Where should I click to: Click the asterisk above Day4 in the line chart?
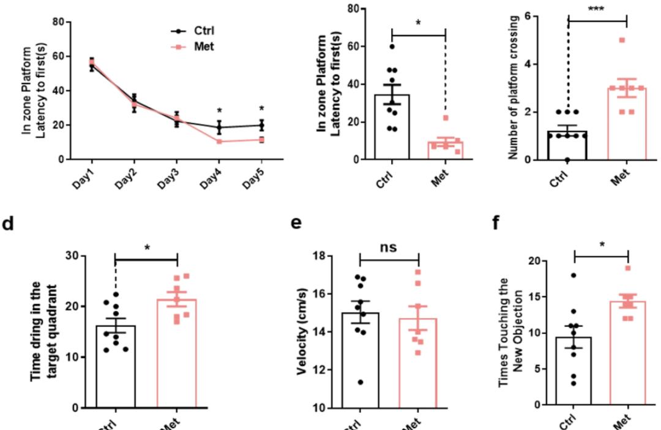(219, 111)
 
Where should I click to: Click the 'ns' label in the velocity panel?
(389, 247)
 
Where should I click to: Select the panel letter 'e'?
(295, 222)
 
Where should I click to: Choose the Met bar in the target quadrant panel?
(177, 353)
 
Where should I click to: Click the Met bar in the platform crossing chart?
(626, 124)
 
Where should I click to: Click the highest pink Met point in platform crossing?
(622, 40)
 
